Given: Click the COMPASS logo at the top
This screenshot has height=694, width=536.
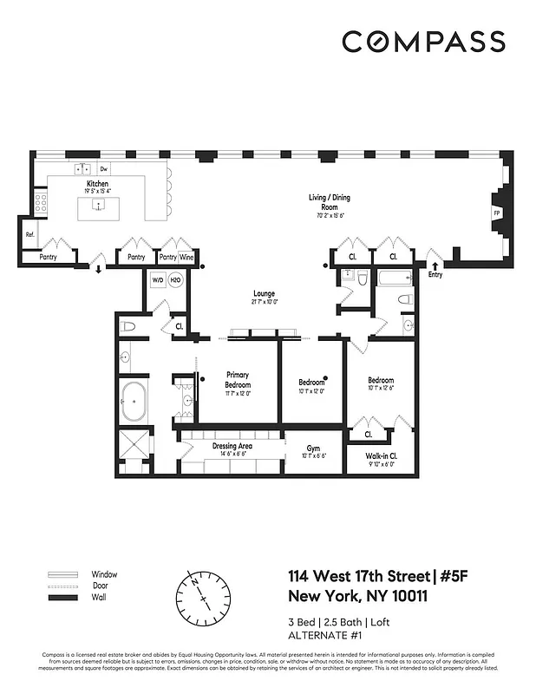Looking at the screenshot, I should [423, 41].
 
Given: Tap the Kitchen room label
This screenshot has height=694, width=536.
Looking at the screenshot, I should [96, 185].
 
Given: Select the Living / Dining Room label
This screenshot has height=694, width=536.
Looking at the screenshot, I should [330, 198].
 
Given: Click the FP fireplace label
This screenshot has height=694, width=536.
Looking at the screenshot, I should [497, 213].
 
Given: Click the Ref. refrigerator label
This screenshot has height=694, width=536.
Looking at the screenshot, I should [29, 234].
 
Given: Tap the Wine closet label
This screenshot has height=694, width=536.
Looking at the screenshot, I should [187, 258].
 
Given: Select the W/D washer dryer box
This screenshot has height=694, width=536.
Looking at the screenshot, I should [158, 280].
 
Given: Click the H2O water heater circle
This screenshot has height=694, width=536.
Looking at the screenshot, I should [174, 280].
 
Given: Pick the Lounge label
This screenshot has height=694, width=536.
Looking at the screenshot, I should [264, 294].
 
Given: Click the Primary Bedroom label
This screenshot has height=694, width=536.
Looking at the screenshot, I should [238, 380].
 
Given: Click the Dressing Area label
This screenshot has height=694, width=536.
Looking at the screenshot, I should [232, 446].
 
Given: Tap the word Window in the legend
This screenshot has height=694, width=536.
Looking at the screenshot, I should [104, 574].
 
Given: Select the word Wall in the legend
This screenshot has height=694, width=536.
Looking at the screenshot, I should [99, 599].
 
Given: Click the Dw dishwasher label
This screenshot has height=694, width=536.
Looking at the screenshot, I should [103, 169].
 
